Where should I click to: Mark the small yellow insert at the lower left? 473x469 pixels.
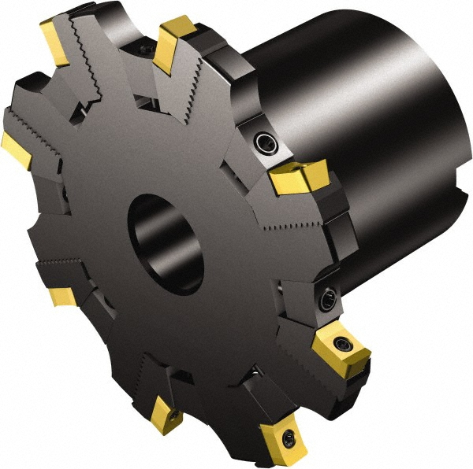(61, 295)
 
